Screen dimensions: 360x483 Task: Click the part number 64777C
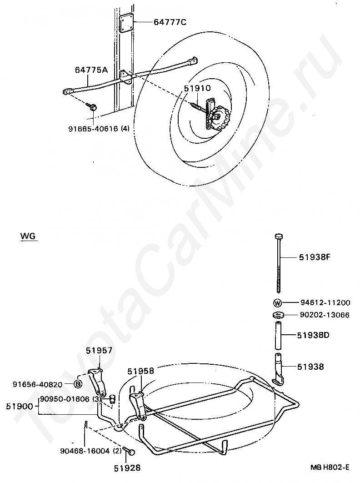pyautogui.click(x=158, y=22)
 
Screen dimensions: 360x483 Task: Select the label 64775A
pyautogui.click(x=91, y=70)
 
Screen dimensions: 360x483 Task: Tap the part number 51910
pyautogui.click(x=198, y=88)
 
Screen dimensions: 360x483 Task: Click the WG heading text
pyautogui.click(x=28, y=236)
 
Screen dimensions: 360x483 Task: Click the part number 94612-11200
pyautogui.click(x=325, y=302)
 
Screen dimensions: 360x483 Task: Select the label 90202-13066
pyautogui.click(x=325, y=315)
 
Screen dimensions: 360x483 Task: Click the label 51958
pyautogui.click(x=141, y=371)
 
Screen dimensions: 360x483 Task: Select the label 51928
pyautogui.click(x=127, y=467)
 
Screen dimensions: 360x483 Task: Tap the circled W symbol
pyautogui.click(x=277, y=302)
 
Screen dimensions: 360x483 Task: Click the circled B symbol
pyautogui.click(x=78, y=384)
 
